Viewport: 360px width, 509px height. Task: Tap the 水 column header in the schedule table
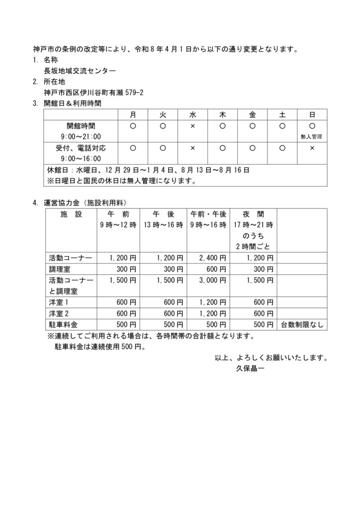(192, 114)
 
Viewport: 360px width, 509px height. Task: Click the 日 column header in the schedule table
(312, 114)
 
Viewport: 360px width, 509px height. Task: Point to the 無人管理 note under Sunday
(312, 136)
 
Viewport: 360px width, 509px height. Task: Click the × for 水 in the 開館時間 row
(192, 126)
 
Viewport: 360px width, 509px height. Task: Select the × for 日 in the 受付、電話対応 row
(312, 148)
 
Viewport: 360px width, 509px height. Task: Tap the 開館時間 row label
(80, 126)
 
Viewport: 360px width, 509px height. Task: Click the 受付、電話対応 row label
(80, 148)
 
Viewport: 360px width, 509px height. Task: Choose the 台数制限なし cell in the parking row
(302, 324)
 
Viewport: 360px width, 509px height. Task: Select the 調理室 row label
(59, 269)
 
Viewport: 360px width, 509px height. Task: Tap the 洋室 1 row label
(59, 302)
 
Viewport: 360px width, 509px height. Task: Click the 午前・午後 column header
(208, 214)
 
